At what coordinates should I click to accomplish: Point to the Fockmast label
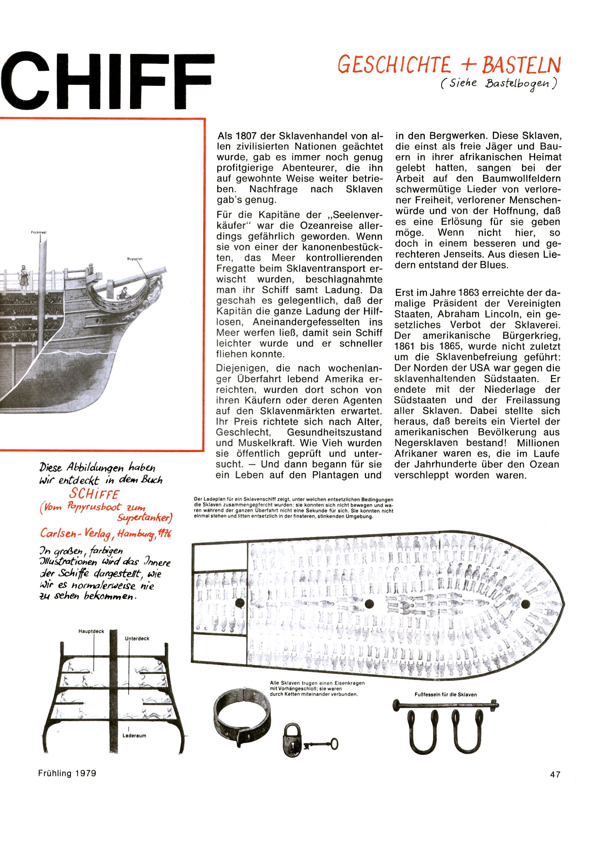point(39,233)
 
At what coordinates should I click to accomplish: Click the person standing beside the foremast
point(24,277)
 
